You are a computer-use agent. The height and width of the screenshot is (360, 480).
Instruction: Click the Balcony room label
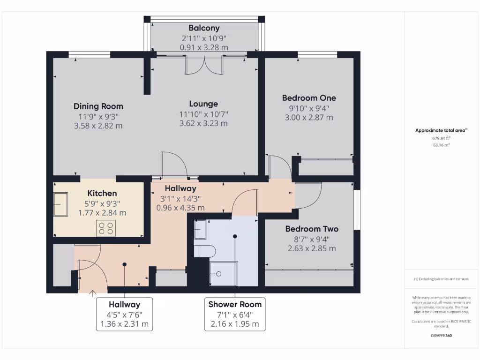pos(204,28)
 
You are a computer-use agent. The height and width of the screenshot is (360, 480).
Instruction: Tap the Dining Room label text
pos(98,106)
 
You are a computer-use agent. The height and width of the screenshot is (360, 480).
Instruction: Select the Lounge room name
pos(203,104)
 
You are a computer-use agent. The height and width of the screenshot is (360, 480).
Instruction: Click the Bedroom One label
pos(309,98)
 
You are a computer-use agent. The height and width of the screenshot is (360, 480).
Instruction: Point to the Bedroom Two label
pos(312,229)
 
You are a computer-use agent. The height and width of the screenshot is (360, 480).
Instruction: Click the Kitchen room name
pos(102,193)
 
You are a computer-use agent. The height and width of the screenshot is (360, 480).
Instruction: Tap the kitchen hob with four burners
pos(106,228)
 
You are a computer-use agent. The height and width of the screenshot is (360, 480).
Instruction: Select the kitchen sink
pos(61,205)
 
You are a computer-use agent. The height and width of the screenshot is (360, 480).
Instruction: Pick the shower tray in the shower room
pos(224,273)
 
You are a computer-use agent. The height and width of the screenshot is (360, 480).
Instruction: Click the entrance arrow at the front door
pos(92,294)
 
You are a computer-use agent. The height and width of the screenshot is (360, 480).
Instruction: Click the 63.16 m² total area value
pos(441,145)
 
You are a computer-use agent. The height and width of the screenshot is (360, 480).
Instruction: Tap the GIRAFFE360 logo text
pos(441,336)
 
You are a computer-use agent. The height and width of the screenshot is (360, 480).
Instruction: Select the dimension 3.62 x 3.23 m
pos(203,124)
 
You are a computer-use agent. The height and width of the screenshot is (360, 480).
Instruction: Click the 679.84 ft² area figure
pos(441,138)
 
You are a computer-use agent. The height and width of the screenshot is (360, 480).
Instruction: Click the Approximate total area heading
pos(441,131)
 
